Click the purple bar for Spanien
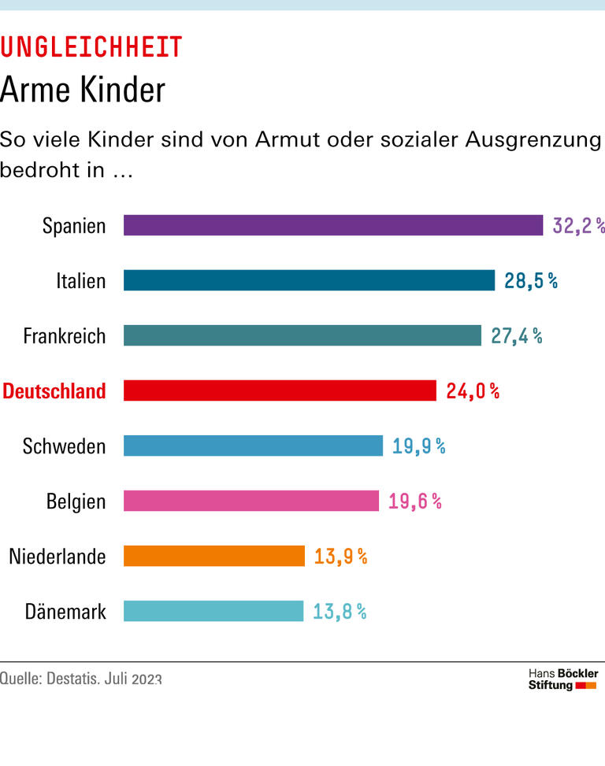click(333, 225)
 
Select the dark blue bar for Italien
click(309, 280)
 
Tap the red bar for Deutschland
click(280, 390)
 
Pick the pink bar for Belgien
click(251, 501)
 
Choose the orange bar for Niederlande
click(214, 556)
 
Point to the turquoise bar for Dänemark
click(213, 611)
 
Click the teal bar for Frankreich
click(302, 335)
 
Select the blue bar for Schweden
click(253, 446)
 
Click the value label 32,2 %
click(578, 226)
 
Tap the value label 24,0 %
click(473, 391)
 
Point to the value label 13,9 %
click(340, 557)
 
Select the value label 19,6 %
click(414, 501)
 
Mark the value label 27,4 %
click(516, 336)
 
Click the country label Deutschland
click(54, 391)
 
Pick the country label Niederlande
click(57, 557)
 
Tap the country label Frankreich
click(64, 336)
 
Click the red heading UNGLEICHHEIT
click(91, 47)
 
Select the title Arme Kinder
click(83, 90)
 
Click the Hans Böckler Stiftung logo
click(562, 679)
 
